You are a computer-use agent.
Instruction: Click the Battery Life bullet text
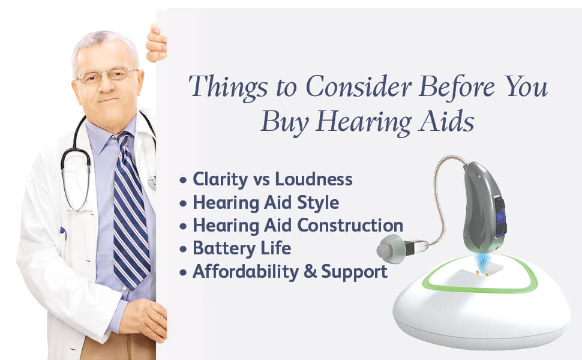coord(241,248)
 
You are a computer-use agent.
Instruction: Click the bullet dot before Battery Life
coord(184,249)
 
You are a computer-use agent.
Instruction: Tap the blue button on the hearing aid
coord(500,216)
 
